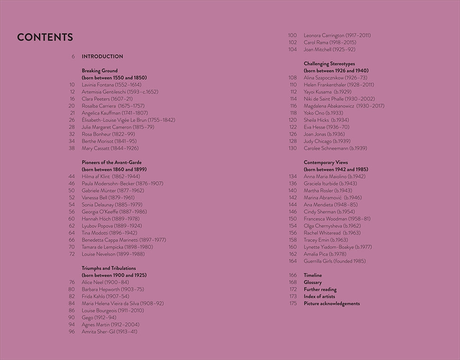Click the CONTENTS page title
(x=45, y=37)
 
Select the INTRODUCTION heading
(x=102, y=56)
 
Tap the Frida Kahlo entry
(x=105, y=296)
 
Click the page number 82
(x=72, y=296)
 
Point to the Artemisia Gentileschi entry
(x=120, y=92)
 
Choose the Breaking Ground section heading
(x=100, y=71)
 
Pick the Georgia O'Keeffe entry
(x=114, y=212)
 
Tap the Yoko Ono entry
(x=323, y=113)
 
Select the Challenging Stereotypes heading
(x=329, y=64)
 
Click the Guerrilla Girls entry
(x=335, y=261)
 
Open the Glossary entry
(x=313, y=282)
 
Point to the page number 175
(x=293, y=304)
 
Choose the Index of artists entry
(x=319, y=296)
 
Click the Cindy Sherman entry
(x=329, y=212)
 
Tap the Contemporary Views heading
(x=326, y=162)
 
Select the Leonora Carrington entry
(x=337, y=35)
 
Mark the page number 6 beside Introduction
(x=73, y=56)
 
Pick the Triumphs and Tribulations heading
(x=109, y=268)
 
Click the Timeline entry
(x=313, y=275)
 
